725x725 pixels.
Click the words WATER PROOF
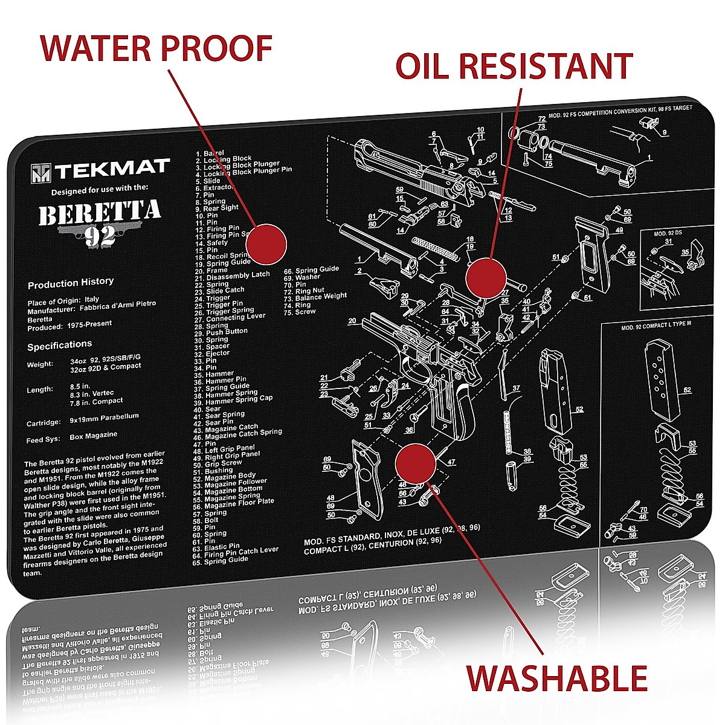[x=156, y=48]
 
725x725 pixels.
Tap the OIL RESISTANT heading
[x=514, y=66]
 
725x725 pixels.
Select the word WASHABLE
[x=556, y=678]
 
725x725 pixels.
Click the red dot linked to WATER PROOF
[x=266, y=244]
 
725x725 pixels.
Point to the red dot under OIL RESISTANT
[x=486, y=277]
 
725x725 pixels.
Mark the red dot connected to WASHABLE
[x=415, y=463]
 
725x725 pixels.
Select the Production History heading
[x=71, y=282]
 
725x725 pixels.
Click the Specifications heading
[x=60, y=345]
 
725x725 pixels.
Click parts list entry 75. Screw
[x=300, y=312]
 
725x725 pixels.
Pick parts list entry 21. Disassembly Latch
[x=232, y=275]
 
